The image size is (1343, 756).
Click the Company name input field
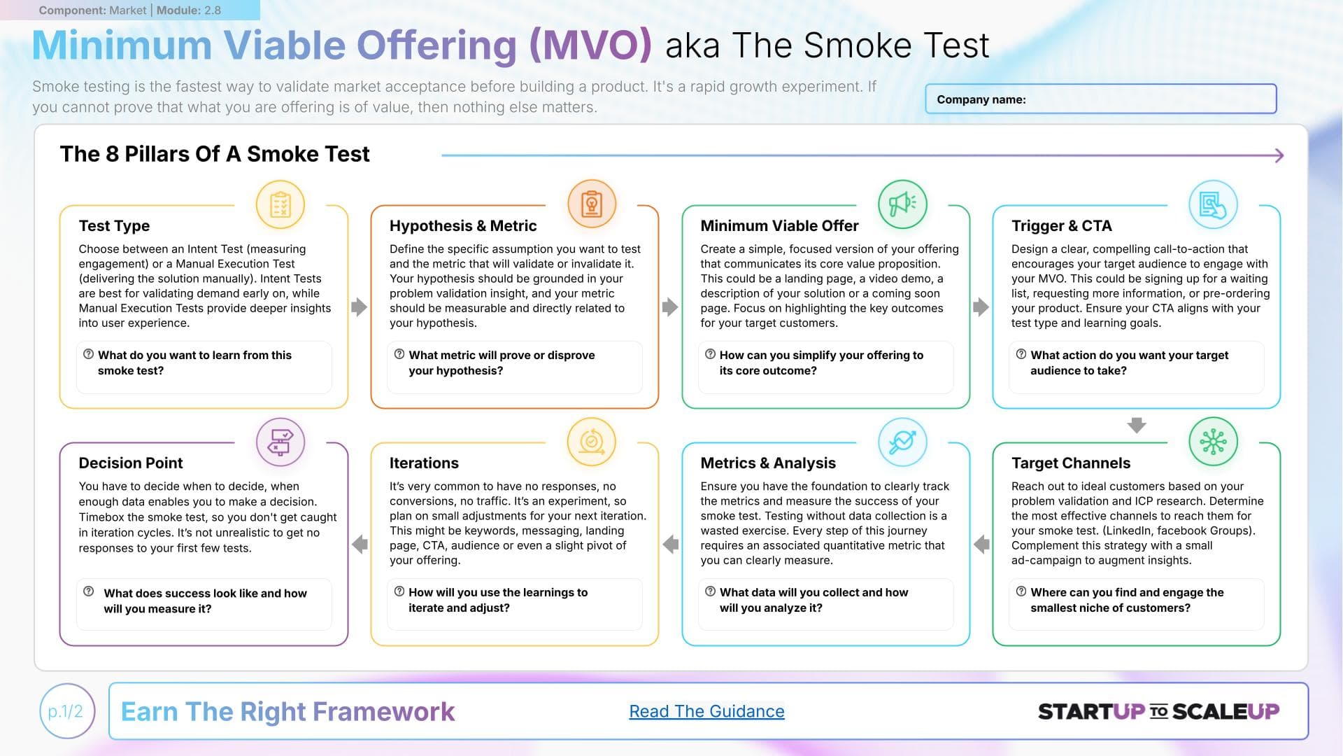(1100, 99)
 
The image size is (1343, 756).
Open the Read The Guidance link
(706, 711)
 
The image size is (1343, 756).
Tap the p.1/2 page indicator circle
(66, 711)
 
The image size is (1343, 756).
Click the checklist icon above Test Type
(280, 205)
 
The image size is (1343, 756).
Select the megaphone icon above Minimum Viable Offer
(902, 204)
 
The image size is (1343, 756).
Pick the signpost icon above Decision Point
(280, 442)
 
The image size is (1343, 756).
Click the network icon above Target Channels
(1213, 442)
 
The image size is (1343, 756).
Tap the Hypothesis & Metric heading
(463, 225)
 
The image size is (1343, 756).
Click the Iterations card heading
(424, 463)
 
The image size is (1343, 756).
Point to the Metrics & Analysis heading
(768, 463)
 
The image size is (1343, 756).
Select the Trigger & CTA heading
(1061, 225)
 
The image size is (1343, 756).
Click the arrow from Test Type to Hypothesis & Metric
(359, 307)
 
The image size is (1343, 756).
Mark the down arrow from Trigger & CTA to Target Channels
(1137, 425)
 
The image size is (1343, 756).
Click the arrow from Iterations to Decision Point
(360, 544)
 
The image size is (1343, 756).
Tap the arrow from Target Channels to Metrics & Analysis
(981, 544)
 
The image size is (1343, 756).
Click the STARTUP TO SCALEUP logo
(1158, 711)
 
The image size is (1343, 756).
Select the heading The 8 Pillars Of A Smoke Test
(215, 154)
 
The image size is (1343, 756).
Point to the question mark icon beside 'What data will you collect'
(710, 591)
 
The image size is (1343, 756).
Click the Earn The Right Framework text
(287, 711)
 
